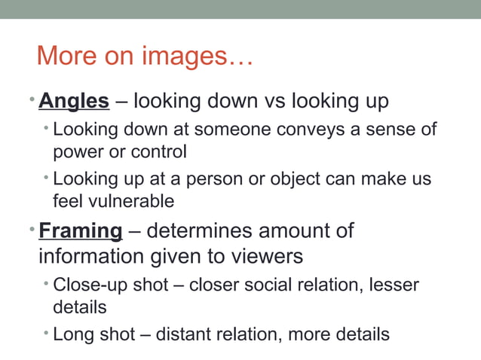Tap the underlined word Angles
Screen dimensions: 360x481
click(74, 99)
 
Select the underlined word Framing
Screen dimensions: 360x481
click(81, 230)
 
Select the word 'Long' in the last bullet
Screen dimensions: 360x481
click(72, 334)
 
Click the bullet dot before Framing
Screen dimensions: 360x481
click(34, 226)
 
